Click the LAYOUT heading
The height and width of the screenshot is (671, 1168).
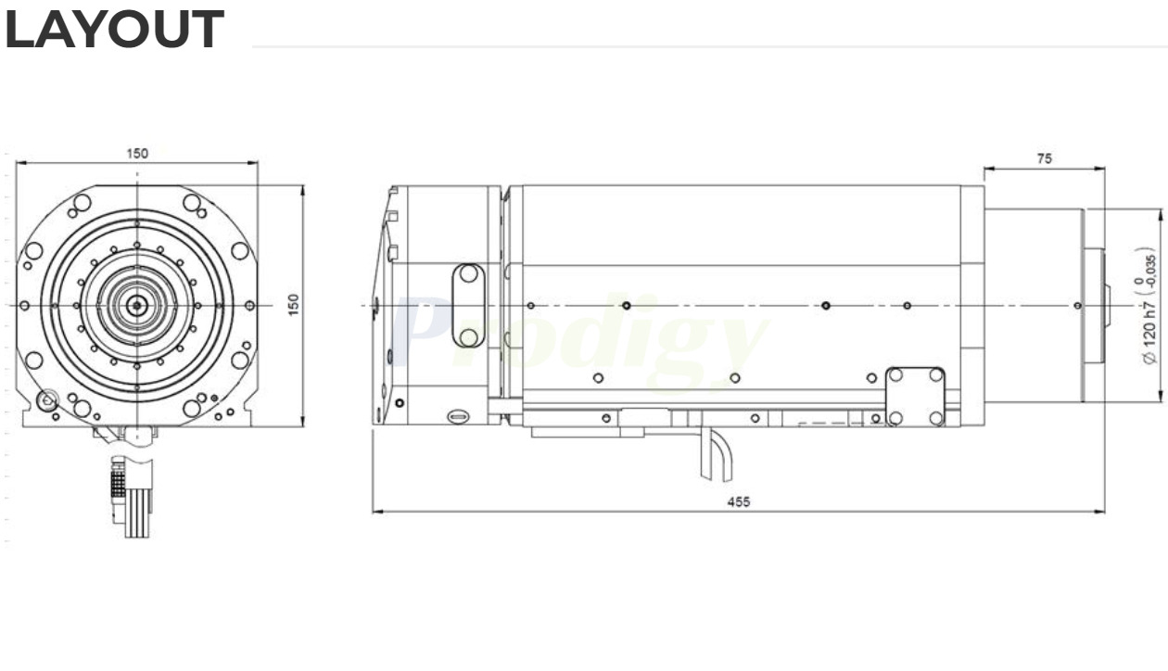coord(114,31)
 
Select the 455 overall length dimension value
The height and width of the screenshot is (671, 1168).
coord(738,501)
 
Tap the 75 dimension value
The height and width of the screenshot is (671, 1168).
coord(1044,158)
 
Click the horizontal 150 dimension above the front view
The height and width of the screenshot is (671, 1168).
coord(137,153)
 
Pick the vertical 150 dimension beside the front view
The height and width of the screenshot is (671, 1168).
coord(293,304)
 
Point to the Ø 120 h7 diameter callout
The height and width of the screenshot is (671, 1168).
coord(1149,320)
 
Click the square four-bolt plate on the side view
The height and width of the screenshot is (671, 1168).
coord(915,397)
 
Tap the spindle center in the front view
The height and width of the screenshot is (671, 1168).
coord(137,304)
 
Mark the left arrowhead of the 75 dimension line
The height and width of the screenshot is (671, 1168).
coord(987,169)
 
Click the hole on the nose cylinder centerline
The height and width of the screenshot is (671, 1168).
coord(1076,305)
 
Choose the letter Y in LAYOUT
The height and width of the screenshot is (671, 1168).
coord(98,31)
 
